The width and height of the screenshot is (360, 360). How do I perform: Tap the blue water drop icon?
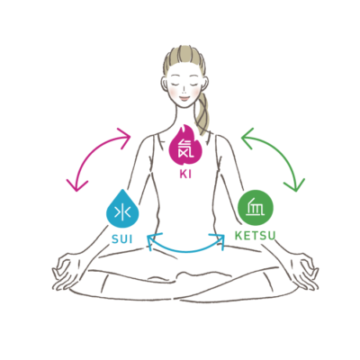click(122, 210)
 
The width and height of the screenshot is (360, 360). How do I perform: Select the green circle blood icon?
click(256, 208)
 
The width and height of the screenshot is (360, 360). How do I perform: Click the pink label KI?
click(185, 175)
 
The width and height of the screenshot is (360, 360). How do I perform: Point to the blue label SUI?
click(122, 239)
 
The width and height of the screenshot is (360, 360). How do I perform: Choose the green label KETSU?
click(255, 236)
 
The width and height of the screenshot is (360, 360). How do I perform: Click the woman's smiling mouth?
click(184, 98)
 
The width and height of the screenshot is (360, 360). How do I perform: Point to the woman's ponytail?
click(202, 113)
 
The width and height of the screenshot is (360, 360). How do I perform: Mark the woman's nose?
click(184, 90)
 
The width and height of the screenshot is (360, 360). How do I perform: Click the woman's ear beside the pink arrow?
click(164, 84)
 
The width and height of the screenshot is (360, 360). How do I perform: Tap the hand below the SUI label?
click(66, 272)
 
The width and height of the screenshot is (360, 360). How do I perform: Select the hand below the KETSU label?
click(303, 272)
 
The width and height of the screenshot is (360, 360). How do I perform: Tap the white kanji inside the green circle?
click(256, 208)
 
